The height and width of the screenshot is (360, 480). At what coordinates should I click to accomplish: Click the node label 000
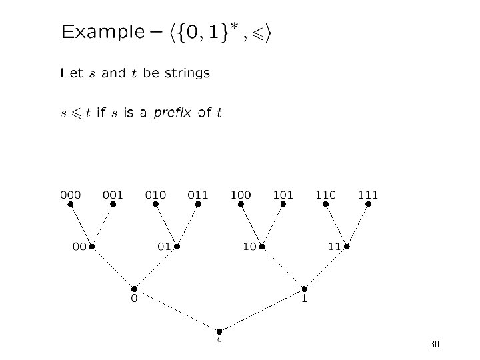point(71,195)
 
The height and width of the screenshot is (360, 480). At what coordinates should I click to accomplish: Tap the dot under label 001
point(113,205)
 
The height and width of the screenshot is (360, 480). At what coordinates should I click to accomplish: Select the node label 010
point(155,195)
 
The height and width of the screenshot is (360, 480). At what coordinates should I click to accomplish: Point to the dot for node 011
point(198,205)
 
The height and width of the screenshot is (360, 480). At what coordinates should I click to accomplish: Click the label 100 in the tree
point(241,195)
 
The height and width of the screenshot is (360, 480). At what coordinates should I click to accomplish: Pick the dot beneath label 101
point(283,205)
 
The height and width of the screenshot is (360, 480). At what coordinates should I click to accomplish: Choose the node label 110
point(326,195)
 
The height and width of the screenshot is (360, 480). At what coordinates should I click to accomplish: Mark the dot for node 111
point(368,205)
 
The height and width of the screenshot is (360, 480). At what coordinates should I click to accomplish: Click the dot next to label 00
point(92,247)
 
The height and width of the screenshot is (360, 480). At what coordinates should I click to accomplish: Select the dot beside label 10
point(262,247)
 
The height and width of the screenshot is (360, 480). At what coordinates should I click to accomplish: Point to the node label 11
point(335,247)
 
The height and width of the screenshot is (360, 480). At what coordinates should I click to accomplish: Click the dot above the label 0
point(134,289)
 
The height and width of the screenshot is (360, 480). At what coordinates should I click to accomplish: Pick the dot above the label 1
point(305,289)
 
